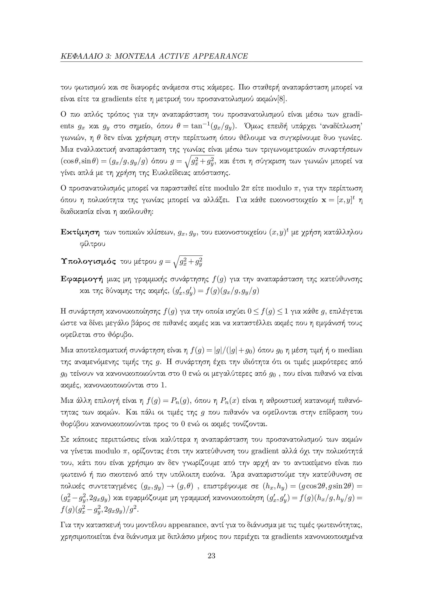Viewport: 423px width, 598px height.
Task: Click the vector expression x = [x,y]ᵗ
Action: (x=339, y=200)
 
